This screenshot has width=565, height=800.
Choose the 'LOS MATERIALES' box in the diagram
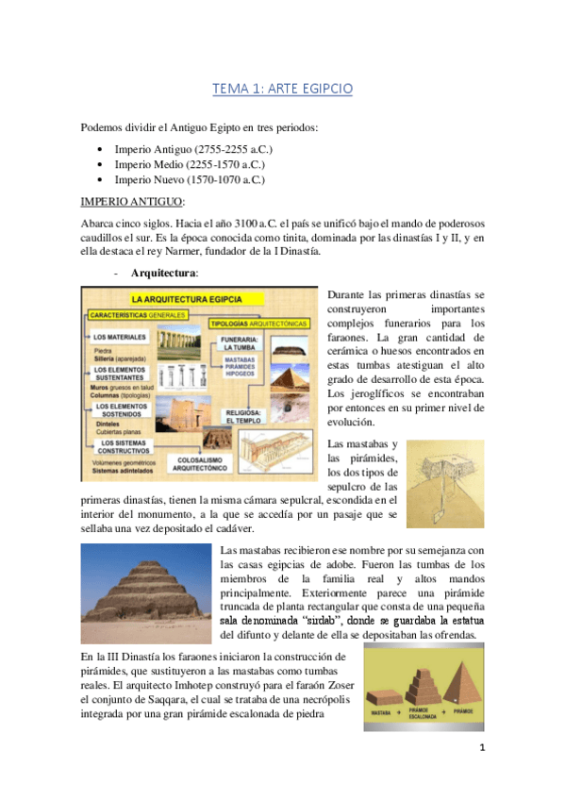120,337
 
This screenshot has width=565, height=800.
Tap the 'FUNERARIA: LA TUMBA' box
235,343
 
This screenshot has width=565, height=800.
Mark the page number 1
481,775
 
